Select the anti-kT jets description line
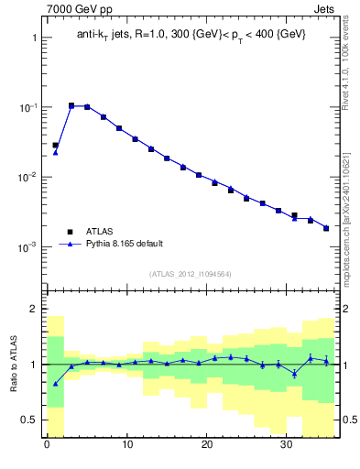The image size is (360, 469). click(x=191, y=34)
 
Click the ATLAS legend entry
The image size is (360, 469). click(x=100, y=232)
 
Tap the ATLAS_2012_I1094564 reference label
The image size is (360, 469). click(x=191, y=274)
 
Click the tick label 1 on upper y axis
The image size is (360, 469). click(x=33, y=38)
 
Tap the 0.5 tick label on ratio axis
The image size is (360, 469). click(x=28, y=420)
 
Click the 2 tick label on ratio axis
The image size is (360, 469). click(x=33, y=309)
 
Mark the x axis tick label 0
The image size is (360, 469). click(x=47, y=448)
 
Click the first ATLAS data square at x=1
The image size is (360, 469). click(x=55, y=145)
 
